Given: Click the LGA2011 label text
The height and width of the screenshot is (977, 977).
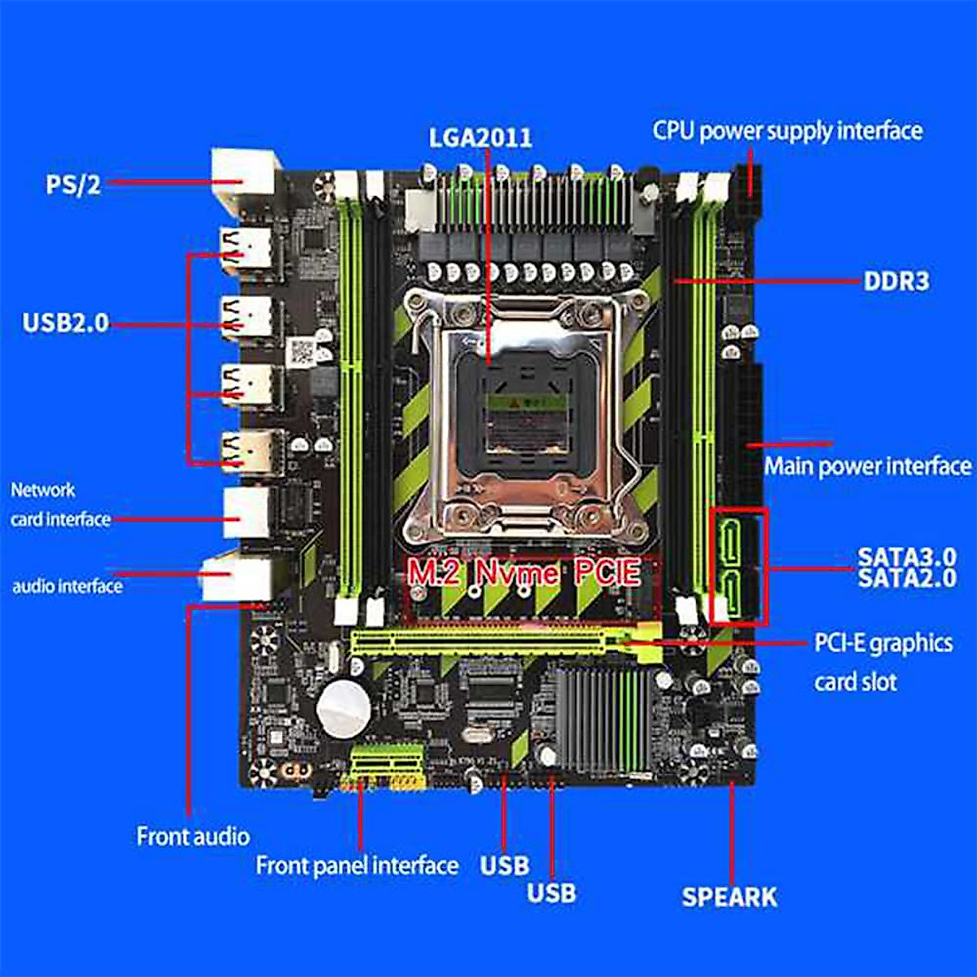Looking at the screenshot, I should pos(480,137).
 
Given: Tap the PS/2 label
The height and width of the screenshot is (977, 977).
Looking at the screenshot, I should pos(73,184).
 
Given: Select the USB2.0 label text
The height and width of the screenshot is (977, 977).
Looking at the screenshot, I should pos(65,323).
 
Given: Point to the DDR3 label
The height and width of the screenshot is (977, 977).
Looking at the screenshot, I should pos(896,282).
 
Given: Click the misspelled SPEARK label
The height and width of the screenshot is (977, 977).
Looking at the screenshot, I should pos(729,897).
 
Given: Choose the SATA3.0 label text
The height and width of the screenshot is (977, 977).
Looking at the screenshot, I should pos(906,557).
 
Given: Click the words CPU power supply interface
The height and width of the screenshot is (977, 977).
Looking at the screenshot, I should pos(787,131).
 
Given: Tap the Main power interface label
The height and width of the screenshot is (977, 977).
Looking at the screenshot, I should pos(867,467).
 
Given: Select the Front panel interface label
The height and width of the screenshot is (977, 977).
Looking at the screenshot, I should pos(357,865).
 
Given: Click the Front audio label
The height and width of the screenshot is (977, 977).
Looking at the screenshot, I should pos(193,836).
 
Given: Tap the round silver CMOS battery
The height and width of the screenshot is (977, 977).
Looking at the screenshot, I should pos(344,705).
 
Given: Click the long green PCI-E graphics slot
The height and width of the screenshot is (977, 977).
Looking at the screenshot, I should pos(488,643).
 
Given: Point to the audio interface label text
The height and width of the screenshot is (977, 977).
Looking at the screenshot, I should pos(67,586).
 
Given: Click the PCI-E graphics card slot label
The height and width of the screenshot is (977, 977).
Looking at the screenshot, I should pos(883,661).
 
